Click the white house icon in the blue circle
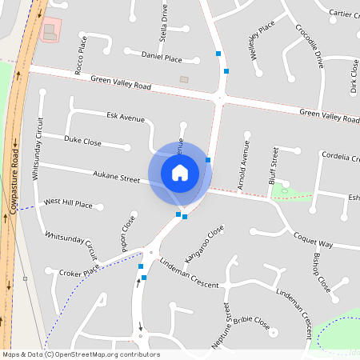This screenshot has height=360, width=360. click(180, 172)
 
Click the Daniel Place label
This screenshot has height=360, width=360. click(162, 58)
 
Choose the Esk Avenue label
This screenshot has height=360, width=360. click(126, 118)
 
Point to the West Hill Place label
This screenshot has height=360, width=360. click(68, 205)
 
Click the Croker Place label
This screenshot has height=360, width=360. click(78, 272)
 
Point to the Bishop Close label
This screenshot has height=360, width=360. click(320, 271)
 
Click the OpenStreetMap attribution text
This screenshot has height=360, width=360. click(80, 354)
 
